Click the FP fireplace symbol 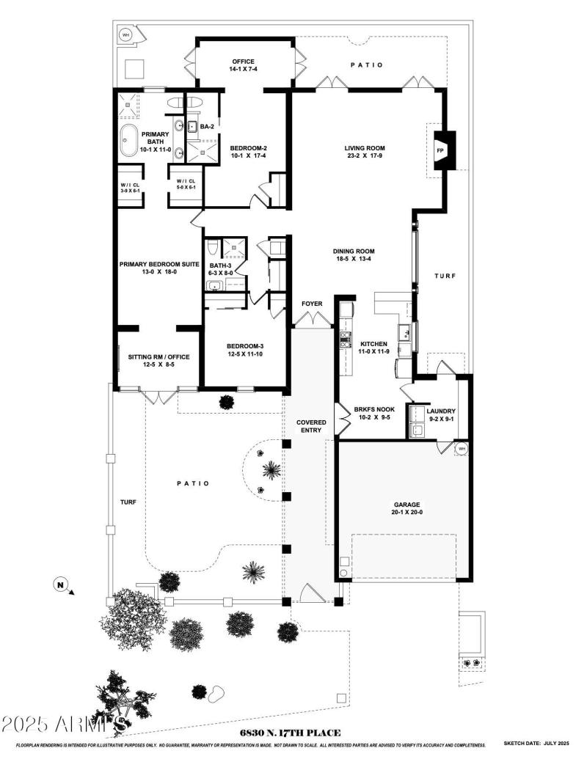(x=441, y=151)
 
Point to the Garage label (x=406, y=508)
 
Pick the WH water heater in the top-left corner (x=125, y=34)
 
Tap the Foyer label (x=312, y=304)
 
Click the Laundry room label (x=441, y=415)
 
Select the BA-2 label (x=207, y=127)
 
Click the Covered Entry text (x=311, y=427)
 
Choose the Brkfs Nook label (x=374, y=414)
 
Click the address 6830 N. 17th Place (x=290, y=733)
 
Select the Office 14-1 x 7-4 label (x=243, y=65)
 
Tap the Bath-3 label (x=221, y=269)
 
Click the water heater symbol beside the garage (x=462, y=448)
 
